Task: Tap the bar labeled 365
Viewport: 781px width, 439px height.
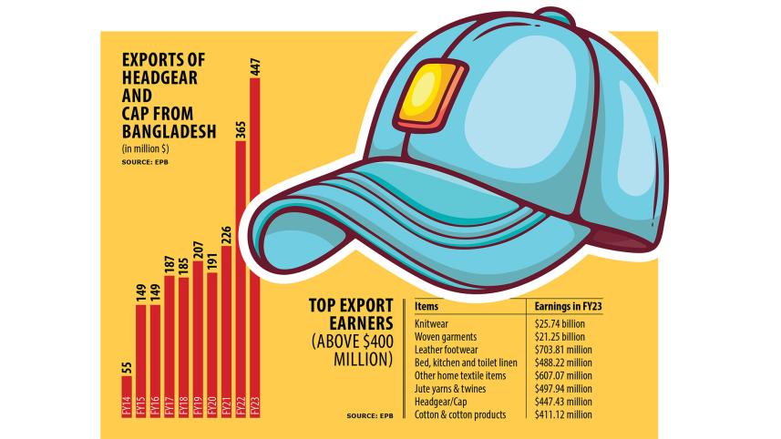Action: (241, 272)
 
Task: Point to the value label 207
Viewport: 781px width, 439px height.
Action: (198, 247)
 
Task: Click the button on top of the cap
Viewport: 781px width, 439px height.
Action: (548, 15)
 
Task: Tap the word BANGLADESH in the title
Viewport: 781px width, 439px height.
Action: (169, 131)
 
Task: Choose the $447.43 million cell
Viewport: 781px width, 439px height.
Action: (563, 399)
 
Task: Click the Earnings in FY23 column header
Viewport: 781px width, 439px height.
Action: (566, 307)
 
